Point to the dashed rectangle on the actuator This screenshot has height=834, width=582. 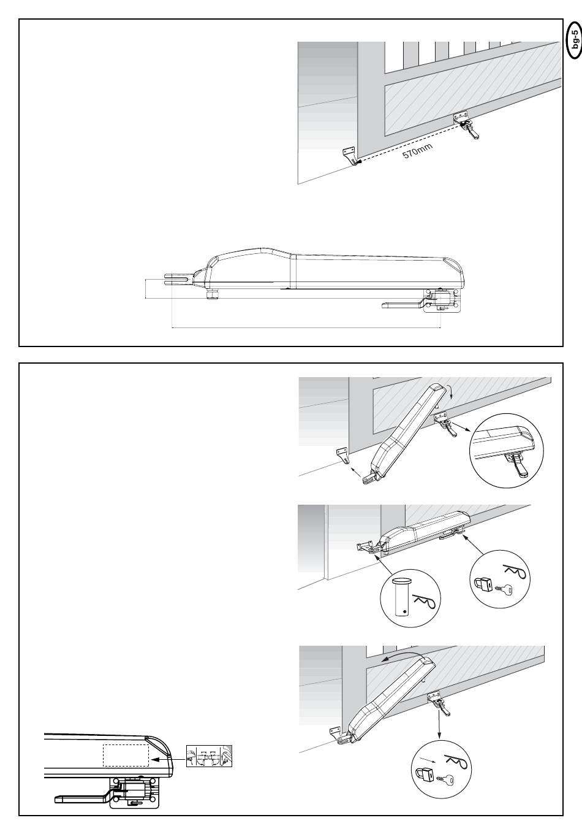click(126, 755)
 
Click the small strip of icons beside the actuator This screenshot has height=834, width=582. click(210, 756)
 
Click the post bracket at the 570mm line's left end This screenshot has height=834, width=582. click(350, 155)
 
